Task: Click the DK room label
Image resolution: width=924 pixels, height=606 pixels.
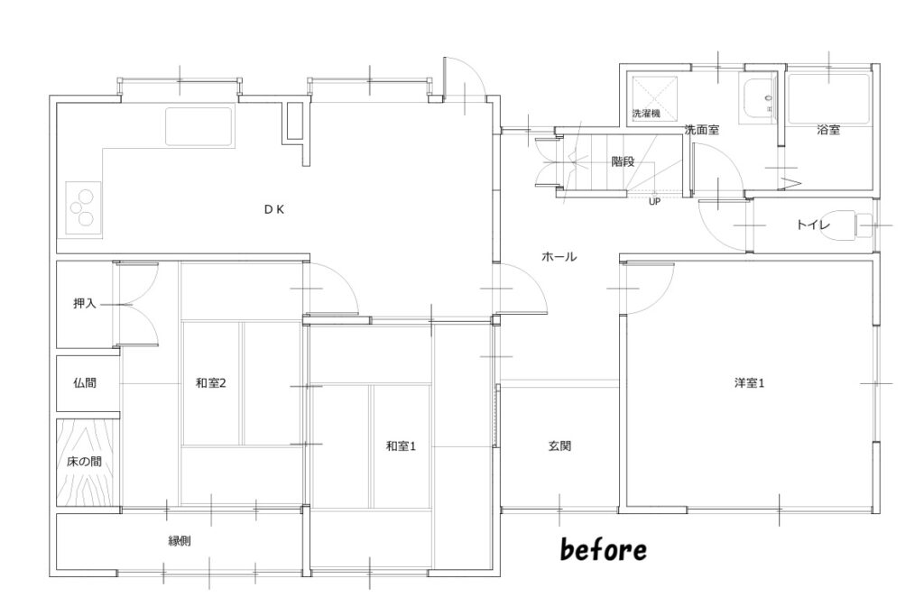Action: pyautogui.click(x=274, y=209)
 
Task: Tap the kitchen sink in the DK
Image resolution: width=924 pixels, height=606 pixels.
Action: pyautogui.click(x=199, y=126)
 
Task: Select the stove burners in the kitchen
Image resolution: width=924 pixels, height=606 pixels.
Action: pyautogui.click(x=83, y=207)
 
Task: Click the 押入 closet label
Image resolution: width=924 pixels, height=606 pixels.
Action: pyautogui.click(x=84, y=304)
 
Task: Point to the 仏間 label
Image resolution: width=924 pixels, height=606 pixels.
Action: pyautogui.click(x=84, y=383)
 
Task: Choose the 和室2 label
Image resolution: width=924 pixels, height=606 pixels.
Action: pyautogui.click(x=211, y=383)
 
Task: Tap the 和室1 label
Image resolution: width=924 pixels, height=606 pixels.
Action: pyautogui.click(x=401, y=446)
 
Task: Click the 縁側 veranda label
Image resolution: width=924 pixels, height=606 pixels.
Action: pyautogui.click(x=180, y=541)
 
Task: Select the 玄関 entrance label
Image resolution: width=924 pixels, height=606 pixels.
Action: pyautogui.click(x=559, y=446)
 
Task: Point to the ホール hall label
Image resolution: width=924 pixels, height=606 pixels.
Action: pyautogui.click(x=559, y=257)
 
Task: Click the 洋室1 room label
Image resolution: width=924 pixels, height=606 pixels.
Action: pyautogui.click(x=750, y=383)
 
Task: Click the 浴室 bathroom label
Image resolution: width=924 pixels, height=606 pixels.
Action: pyautogui.click(x=828, y=130)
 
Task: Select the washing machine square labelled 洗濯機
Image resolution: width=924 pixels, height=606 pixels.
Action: pyautogui.click(x=655, y=98)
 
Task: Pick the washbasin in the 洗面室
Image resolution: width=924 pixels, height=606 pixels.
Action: pyautogui.click(x=759, y=101)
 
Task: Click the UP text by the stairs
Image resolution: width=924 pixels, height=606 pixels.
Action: pyautogui.click(x=654, y=202)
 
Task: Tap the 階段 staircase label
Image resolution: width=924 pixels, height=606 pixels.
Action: pyautogui.click(x=623, y=161)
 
